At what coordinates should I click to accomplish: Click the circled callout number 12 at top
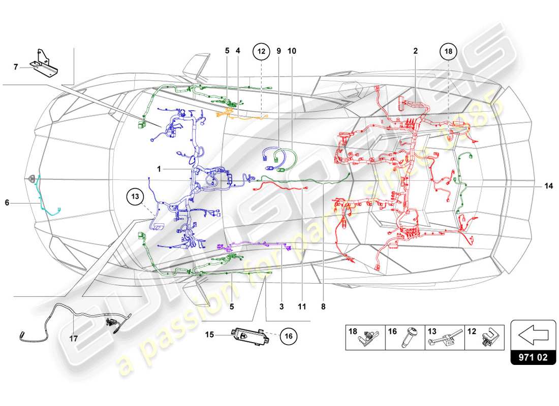coord(261,51)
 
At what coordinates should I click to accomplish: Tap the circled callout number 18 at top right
coord(449,51)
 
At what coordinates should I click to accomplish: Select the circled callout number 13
coord(135,195)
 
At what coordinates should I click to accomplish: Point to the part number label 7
coord(16,66)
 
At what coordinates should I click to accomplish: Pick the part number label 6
coord(7,202)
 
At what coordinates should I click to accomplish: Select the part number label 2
coord(415,51)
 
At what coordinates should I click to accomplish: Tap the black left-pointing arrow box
coord(533,334)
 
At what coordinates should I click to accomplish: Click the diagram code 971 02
coord(533,357)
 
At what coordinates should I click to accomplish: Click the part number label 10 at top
coord(292,51)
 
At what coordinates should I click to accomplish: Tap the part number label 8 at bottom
coord(323,307)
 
